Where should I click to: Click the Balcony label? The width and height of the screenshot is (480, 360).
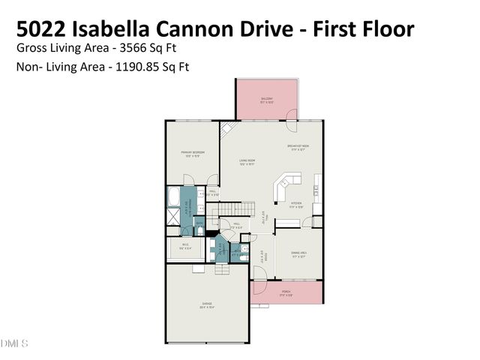click(267, 99)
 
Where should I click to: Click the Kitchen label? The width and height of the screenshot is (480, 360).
click(296, 203)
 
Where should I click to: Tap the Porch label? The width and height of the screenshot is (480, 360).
click(286, 292)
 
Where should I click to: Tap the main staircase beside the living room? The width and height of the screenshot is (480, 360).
click(239, 207)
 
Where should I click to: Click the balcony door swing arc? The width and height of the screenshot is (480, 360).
click(292, 115)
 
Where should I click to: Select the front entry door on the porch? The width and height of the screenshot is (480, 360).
click(259, 286)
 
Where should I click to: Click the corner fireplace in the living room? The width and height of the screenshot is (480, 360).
click(226, 129)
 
